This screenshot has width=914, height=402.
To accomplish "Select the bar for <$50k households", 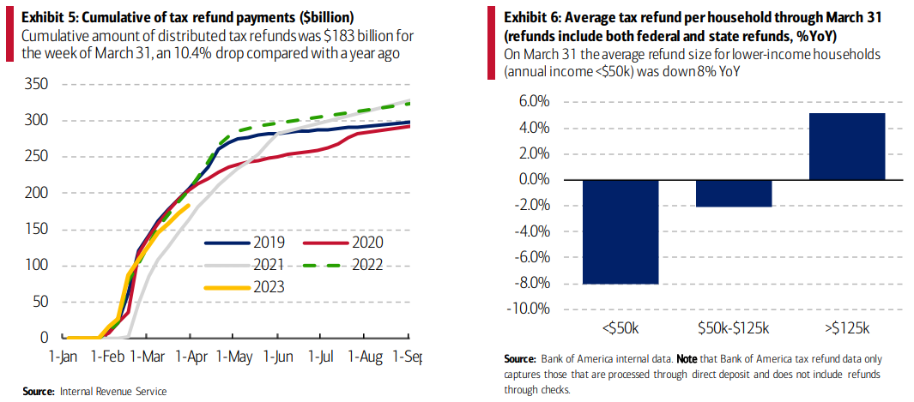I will tap(620, 231).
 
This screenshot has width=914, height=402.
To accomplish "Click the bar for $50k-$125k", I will tap(735, 194).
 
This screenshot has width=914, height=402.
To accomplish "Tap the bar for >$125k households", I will tap(848, 147).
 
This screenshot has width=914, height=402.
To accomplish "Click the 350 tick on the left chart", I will tap(36, 84).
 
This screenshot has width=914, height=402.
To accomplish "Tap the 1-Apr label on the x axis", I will tap(189, 354).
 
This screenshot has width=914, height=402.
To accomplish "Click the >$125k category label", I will tap(848, 328).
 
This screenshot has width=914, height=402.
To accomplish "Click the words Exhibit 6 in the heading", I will tap(533, 17).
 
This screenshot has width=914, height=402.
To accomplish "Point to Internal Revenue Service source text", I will tap(113, 391).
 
